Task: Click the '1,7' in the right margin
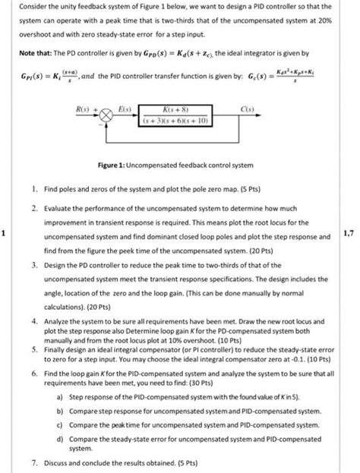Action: click(x=349, y=233)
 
